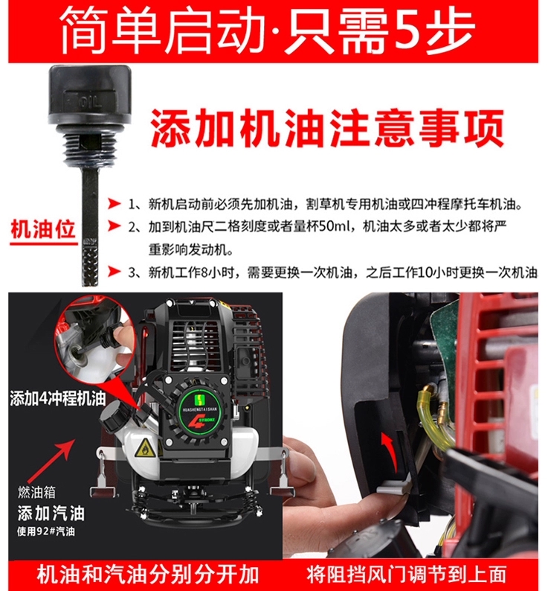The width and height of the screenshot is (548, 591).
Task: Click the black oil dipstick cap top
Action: [x=89, y=95]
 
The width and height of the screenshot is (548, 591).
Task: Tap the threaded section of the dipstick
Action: [x=89, y=147]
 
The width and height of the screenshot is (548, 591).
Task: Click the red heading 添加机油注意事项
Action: [x=327, y=127]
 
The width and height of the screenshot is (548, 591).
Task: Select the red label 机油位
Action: [x=43, y=229]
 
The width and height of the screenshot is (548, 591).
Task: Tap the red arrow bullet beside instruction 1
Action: [x=114, y=204]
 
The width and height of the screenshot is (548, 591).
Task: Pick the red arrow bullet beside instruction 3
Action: [x=114, y=272]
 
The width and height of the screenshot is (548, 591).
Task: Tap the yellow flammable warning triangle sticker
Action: [x=144, y=449]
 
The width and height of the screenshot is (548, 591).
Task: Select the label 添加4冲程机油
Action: [x=57, y=399]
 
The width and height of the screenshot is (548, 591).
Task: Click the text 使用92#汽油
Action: [x=46, y=531]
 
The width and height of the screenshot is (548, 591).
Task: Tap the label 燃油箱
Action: [x=36, y=492]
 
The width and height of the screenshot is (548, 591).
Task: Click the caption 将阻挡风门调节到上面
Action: [x=406, y=574]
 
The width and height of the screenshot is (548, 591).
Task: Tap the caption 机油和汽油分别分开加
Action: [x=148, y=575]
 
